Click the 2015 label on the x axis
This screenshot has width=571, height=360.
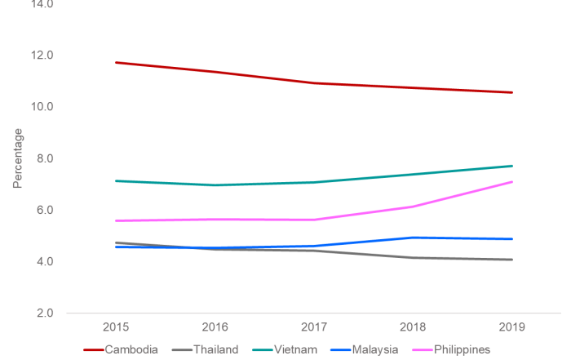(116, 327)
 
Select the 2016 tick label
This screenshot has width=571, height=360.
(215, 327)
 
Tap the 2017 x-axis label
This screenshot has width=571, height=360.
(314, 327)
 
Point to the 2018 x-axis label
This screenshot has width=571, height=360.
(414, 327)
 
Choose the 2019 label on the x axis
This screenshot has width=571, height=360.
(512, 327)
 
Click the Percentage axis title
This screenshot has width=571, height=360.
(18, 158)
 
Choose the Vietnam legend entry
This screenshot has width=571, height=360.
(290, 349)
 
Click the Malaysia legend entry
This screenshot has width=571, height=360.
(370, 349)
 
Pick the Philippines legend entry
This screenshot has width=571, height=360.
(456, 349)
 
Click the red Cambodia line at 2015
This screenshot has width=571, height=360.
(116, 62)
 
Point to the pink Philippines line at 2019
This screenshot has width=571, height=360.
(511, 182)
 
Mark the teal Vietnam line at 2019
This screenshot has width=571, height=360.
(511, 166)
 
